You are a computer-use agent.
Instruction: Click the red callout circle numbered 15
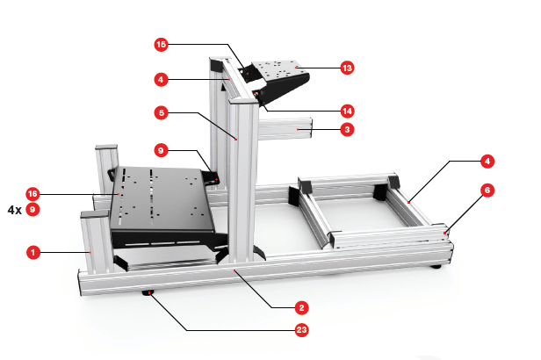[161, 45]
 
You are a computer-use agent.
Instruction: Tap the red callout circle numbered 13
[347, 68]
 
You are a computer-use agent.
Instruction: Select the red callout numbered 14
[347, 112]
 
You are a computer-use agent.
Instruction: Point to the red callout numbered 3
[347, 130]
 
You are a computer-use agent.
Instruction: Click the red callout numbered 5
[161, 112]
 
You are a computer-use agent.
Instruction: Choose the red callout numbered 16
[32, 194]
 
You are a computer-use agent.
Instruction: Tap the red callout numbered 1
[33, 252]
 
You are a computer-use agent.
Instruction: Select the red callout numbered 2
[301, 308]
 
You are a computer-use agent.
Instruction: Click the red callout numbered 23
[301, 330]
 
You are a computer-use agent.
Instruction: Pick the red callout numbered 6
[487, 191]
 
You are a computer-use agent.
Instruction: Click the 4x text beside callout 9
[15, 210]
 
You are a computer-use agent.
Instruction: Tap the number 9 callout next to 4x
[32, 210]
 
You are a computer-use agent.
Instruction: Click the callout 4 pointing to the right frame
[487, 161]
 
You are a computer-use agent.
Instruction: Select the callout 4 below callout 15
[161, 80]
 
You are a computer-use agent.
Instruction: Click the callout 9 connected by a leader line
[161, 151]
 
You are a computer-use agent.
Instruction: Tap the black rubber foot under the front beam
[148, 292]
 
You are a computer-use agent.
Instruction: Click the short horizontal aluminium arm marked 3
[285, 128]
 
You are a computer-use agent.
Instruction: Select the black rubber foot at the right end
[436, 266]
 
